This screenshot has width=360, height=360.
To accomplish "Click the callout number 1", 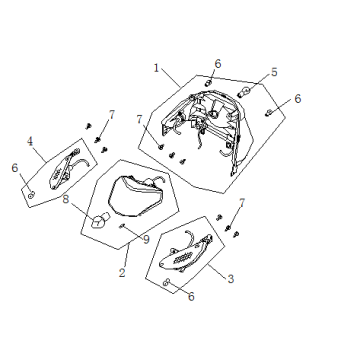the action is click(156, 68).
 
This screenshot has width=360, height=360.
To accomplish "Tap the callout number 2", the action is click(122, 273).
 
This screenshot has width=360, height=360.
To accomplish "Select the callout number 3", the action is click(231, 279).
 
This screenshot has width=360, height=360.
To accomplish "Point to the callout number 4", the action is click(30, 142).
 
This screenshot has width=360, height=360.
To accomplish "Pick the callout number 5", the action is click(274, 72).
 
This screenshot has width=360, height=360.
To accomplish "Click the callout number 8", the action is click(66, 199).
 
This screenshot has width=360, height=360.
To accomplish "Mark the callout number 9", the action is click(146, 240).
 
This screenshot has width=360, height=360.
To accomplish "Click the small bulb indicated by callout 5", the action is click(244, 91).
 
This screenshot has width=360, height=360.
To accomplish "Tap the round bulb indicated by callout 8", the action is click(100, 221).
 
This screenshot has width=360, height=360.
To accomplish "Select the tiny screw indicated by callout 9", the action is click(122, 226).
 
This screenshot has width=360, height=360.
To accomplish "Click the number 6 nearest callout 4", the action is click(15, 168).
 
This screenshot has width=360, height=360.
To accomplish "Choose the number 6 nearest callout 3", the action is click(191, 297).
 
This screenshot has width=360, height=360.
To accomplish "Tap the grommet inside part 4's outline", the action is click(32, 196).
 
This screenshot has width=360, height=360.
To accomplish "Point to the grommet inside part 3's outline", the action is click(167, 282).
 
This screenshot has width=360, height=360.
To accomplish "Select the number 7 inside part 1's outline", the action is click(139, 119).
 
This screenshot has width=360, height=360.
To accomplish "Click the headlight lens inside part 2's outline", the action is click(134, 197).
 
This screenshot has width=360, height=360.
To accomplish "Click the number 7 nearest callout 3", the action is click(242, 203).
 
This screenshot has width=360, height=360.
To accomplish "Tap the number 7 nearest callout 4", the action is click(111, 115).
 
